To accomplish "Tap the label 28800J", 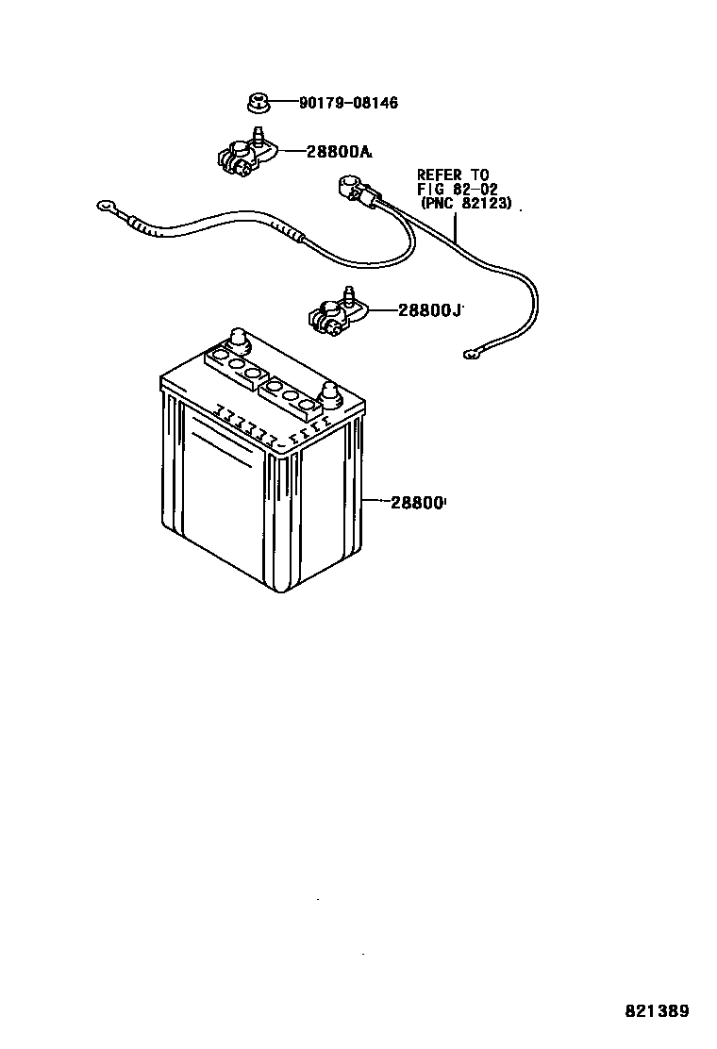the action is click(x=430, y=309).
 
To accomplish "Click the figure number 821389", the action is click(x=658, y=1011).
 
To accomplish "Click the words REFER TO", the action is click(x=455, y=175).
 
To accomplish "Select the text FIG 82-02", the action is click(x=458, y=189).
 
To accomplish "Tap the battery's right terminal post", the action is click(x=329, y=393).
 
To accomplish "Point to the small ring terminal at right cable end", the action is click(x=471, y=356).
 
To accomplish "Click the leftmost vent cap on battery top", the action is click(x=217, y=358).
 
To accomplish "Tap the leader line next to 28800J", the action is click(x=380, y=310).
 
